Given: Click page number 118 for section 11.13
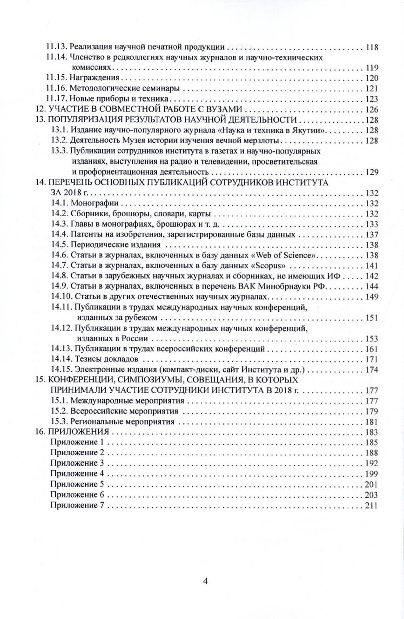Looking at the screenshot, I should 372,47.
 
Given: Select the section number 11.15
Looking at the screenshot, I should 57,78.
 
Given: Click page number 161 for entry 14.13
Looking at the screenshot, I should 372,349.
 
